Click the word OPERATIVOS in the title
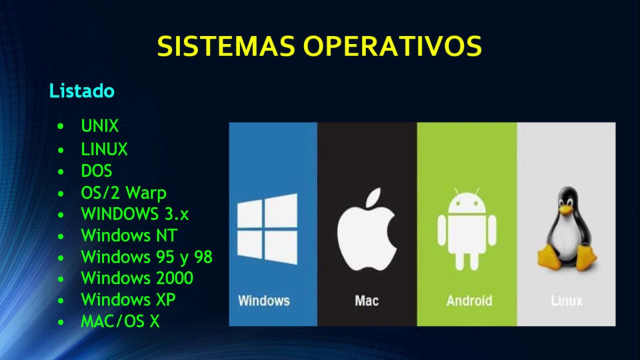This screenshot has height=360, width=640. point(392,46)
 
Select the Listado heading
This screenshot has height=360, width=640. point(82,91)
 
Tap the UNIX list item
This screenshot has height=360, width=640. point(100,126)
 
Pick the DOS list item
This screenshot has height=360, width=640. point(96,171)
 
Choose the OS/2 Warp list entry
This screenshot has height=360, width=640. point(123,192)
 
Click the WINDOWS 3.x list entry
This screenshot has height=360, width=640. point(135,214)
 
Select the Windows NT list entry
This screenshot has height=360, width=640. point(129,235)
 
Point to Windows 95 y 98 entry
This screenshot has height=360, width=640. point(146,257)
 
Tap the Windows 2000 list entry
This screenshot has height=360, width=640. point(137,278)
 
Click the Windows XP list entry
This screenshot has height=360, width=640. point(128,300)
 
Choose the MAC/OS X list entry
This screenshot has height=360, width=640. point(120,321)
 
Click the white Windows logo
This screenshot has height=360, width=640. point(267,229)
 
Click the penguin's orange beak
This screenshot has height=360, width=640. point(565,210)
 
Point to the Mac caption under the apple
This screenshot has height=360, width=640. point(366,301)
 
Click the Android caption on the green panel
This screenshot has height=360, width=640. point(469,301)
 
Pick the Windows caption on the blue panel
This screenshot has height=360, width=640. point(264,301)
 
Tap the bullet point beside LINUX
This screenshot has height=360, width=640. point(61,149)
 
